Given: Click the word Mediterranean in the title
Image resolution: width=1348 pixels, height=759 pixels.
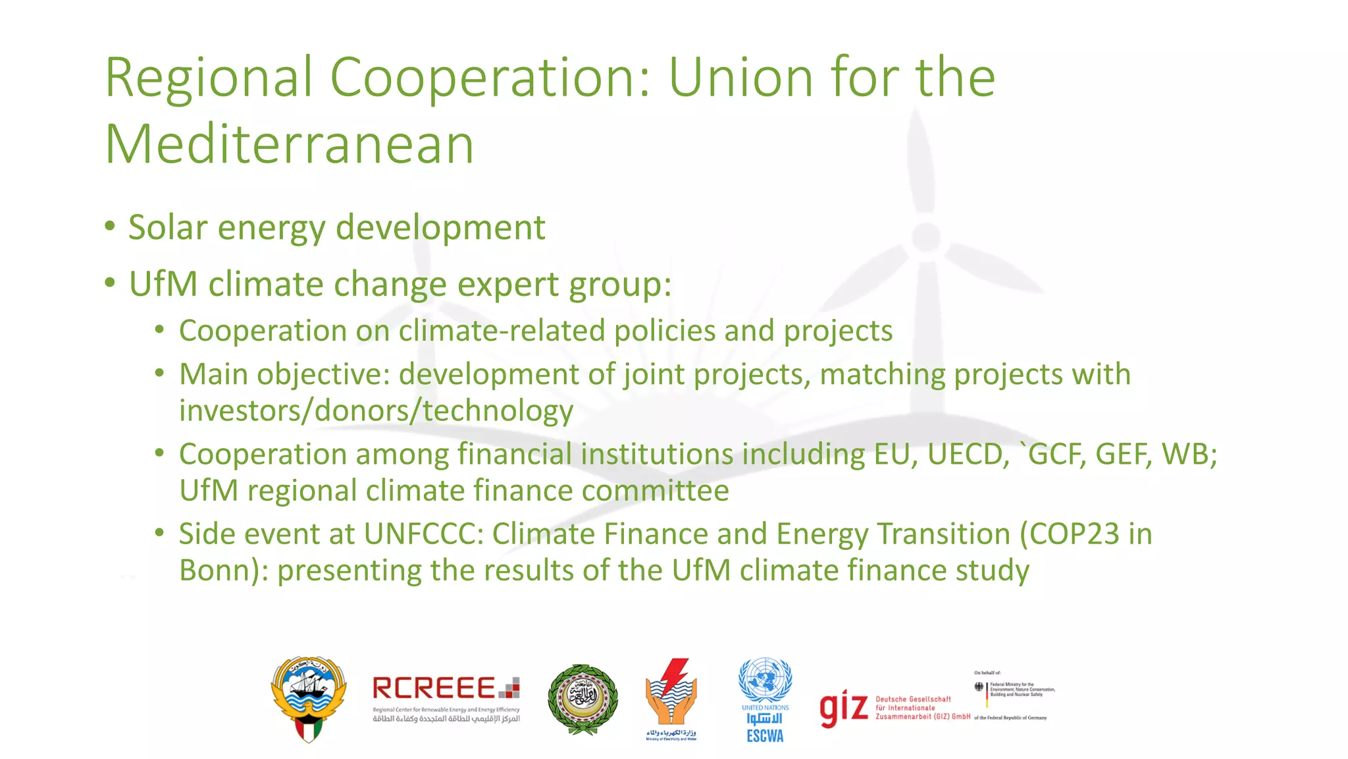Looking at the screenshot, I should click(290, 144).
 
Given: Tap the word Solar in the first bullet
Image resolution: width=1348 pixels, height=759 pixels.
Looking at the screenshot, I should click(168, 228).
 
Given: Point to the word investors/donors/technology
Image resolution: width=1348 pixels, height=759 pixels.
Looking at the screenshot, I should click(376, 411).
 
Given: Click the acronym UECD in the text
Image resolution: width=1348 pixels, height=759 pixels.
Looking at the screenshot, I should click(968, 455).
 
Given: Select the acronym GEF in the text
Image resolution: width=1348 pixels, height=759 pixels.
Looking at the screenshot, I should click(1123, 455).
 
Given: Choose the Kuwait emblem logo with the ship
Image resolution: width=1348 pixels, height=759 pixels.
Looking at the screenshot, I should click(309, 699).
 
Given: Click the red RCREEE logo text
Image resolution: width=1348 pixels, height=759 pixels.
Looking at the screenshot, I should click(434, 689).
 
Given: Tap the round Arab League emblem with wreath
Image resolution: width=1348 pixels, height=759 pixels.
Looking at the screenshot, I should click(583, 699).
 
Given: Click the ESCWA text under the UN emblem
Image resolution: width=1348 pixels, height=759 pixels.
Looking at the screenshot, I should click(765, 736).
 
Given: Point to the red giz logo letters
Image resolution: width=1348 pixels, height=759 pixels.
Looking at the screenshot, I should click(843, 708).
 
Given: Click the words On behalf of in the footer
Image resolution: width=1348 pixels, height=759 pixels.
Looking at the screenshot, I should click(987, 673).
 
